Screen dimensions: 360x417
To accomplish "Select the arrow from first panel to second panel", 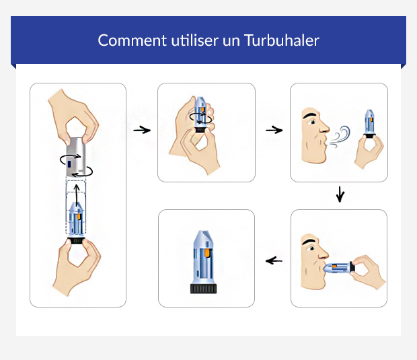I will [x=141, y=129].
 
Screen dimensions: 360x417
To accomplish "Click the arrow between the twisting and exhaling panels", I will [x=274, y=129].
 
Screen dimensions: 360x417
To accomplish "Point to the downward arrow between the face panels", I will [x=340, y=195].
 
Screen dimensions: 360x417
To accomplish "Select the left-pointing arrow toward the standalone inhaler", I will [x=274, y=260].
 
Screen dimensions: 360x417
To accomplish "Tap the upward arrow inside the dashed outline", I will [x=77, y=195].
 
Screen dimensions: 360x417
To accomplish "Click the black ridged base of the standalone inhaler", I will [x=206, y=289].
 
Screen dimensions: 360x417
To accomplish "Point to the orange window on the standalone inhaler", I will [x=208, y=253].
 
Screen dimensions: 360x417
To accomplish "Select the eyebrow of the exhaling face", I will [x=310, y=116].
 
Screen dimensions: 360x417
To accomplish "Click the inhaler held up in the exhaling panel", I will [x=369, y=124].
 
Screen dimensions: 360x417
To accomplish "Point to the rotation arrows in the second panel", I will [x=200, y=119].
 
